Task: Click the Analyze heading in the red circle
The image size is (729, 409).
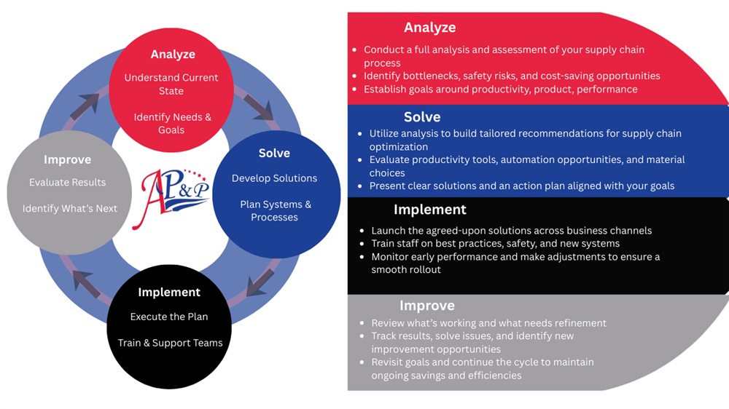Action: tap(173, 55)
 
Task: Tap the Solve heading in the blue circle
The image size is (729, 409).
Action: tap(274, 154)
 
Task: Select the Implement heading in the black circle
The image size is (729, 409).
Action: tap(169, 293)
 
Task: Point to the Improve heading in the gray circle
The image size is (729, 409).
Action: tap(68, 160)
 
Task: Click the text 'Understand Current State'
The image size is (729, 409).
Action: tap(171, 84)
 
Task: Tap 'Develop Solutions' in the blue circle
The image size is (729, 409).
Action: tap(274, 178)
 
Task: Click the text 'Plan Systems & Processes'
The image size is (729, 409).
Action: tap(275, 211)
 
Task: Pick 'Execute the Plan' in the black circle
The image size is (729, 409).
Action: tap(169, 317)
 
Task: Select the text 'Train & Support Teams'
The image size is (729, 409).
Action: tap(170, 343)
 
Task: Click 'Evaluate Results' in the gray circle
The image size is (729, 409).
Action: tap(68, 183)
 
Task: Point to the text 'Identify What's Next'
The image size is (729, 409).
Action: tap(70, 209)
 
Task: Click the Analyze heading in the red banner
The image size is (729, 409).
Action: tap(430, 28)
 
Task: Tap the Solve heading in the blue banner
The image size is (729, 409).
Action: tap(422, 117)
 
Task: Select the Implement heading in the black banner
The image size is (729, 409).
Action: tap(430, 210)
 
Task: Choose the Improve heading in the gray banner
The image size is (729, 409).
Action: tap(427, 306)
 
